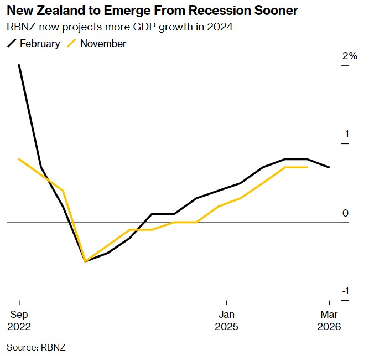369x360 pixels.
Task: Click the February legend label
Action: [x=40, y=43]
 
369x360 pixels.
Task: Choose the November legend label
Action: [x=103, y=43]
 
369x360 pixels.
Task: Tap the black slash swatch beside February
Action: [x=12, y=43]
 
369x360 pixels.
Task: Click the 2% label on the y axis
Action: [x=350, y=56]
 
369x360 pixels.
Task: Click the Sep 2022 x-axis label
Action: [x=19, y=320]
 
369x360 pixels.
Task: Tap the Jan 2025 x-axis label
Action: [x=226, y=320]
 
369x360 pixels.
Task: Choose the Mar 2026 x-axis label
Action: [x=329, y=320]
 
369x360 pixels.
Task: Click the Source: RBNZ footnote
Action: [x=36, y=347]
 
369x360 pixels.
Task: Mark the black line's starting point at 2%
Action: [x=19, y=65]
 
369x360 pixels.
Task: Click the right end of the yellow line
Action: [x=308, y=167]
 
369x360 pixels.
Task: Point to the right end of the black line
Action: [x=330, y=167]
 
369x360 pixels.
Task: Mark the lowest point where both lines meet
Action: [x=85, y=261]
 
